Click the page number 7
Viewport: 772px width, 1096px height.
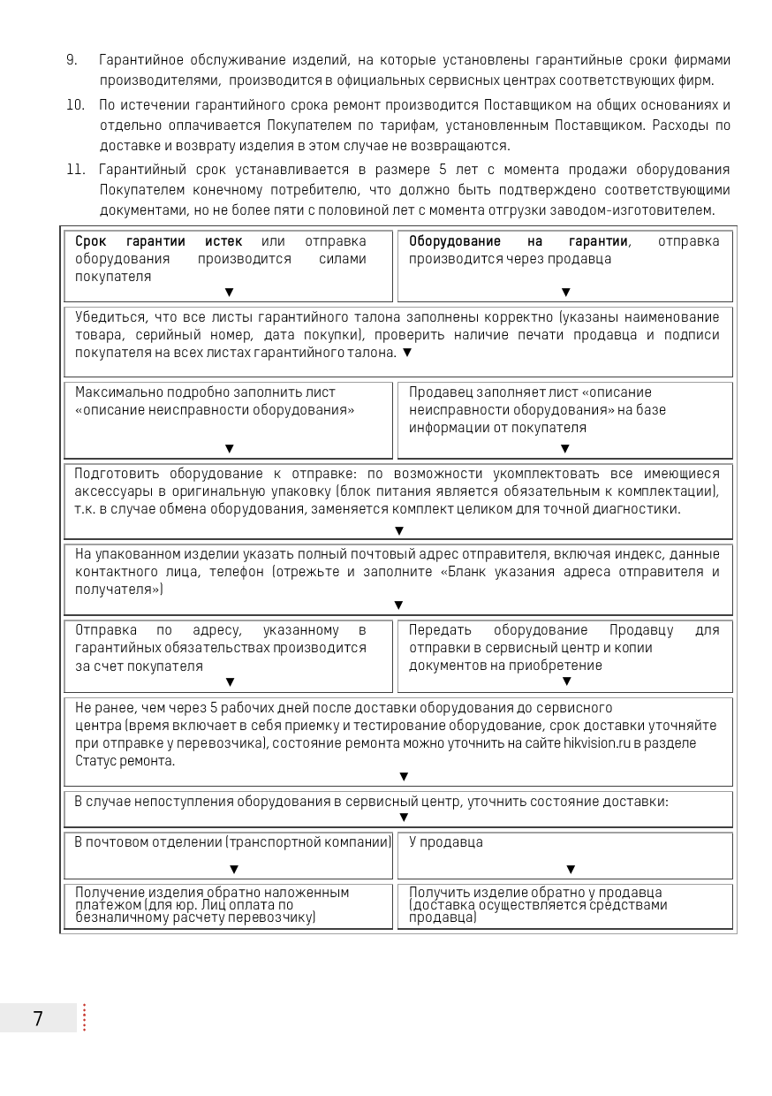coord(38,1018)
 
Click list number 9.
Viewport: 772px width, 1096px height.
coord(72,60)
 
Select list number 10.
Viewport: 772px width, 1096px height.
coord(75,105)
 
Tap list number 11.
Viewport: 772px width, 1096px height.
coord(75,170)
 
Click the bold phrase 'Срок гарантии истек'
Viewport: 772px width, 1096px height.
coord(159,241)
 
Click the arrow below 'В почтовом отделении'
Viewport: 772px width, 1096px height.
coord(234,870)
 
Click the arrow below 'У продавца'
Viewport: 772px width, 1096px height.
coord(571,870)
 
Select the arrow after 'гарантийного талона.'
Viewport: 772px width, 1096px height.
coord(407,353)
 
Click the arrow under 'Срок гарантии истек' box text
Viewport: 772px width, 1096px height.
coord(230,292)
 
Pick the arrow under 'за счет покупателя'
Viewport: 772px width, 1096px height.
coord(231,681)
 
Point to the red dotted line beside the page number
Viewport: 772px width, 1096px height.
coord(84,1018)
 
